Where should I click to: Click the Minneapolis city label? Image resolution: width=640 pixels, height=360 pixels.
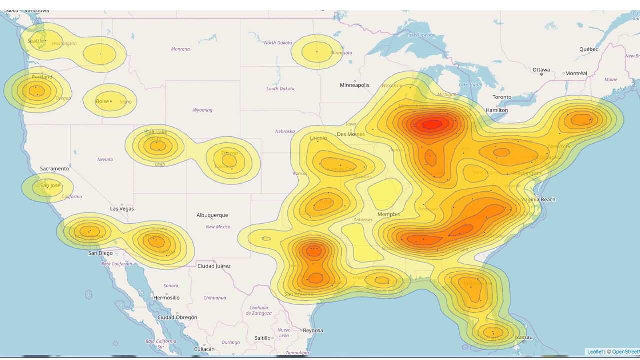pyautogui.click(x=354, y=85)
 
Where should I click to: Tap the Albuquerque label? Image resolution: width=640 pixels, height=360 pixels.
pyautogui.click(x=212, y=215)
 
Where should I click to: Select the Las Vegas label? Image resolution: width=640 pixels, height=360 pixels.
pyautogui.click(x=122, y=209)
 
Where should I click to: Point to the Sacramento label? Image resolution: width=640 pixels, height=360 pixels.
pyautogui.click(x=55, y=169)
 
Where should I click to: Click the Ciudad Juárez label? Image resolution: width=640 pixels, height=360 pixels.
pyautogui.click(x=214, y=266)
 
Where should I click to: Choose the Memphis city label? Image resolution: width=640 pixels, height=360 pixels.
pyautogui.click(x=388, y=214)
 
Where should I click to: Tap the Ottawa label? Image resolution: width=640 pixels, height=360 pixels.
pyautogui.click(x=541, y=70)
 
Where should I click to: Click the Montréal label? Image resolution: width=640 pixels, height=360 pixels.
pyautogui.click(x=576, y=73)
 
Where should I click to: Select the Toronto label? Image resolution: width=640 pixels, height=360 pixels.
pyautogui.click(x=502, y=97)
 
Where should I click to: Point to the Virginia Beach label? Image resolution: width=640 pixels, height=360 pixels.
pyautogui.click(x=538, y=200)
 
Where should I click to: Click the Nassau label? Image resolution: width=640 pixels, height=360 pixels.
pyautogui.click(x=523, y=337)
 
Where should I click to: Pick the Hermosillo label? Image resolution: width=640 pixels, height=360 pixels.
pyautogui.click(x=166, y=298)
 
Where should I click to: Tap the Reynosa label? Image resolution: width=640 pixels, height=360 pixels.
pyautogui.click(x=312, y=330)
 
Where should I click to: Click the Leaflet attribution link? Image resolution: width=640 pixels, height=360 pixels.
pyautogui.click(x=595, y=352)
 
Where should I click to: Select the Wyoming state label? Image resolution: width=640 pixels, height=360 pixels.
pyautogui.click(x=203, y=110)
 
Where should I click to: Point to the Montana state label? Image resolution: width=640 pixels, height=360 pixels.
pyautogui.click(x=180, y=49)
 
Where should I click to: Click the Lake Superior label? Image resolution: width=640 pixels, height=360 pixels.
pyautogui.click(x=420, y=35)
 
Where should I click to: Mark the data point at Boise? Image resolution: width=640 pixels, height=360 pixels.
pyautogui.click(x=111, y=101)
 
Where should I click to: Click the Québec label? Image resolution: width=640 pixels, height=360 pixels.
pyautogui.click(x=588, y=49)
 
